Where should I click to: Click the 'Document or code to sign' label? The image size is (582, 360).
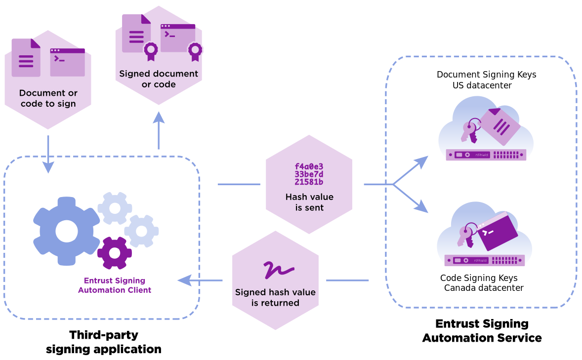(x=48, y=98)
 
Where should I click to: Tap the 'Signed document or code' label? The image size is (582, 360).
(x=159, y=79)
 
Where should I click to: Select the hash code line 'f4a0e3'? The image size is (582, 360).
(x=309, y=167)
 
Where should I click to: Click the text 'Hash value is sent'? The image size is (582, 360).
(x=309, y=202)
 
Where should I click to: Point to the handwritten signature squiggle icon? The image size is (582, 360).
(x=278, y=269)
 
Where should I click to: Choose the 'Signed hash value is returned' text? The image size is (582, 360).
(x=275, y=297)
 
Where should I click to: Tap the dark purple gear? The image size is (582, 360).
(x=115, y=253)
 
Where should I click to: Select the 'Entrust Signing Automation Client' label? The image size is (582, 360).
(x=115, y=285)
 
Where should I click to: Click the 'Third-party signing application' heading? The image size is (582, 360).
(x=104, y=342)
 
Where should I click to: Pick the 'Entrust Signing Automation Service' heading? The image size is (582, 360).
(x=482, y=331)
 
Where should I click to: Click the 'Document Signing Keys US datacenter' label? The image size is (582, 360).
(x=486, y=80)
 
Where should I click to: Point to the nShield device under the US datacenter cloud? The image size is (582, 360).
(x=486, y=155)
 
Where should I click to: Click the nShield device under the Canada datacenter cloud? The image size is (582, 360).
(x=484, y=260)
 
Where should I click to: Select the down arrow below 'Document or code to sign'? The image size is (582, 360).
(x=48, y=158)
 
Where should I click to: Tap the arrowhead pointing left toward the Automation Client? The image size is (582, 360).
(x=185, y=280)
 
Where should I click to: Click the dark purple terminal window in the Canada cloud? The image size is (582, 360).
(x=497, y=232)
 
